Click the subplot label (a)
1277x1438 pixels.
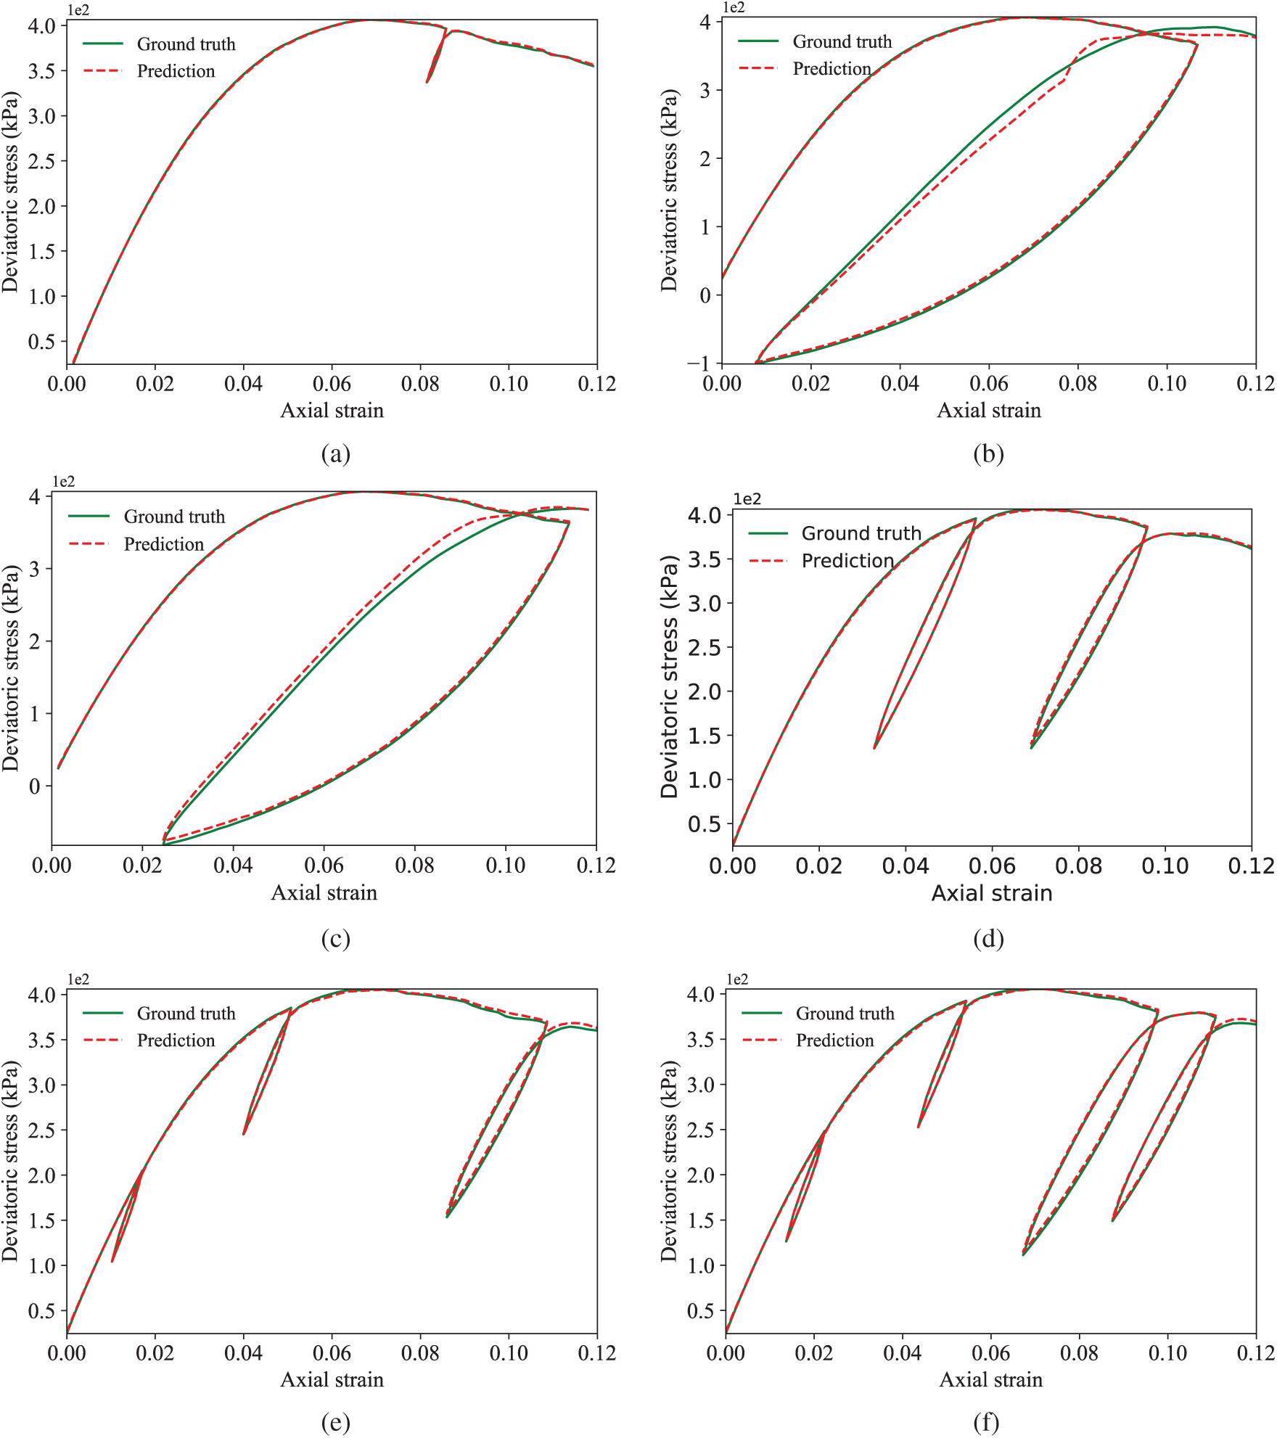coord(335,454)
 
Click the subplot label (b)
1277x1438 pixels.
coord(988,454)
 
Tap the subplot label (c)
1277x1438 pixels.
coord(335,939)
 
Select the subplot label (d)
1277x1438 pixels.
coord(988,939)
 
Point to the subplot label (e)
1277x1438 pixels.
coord(335,1423)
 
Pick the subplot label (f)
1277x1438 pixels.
coord(986,1423)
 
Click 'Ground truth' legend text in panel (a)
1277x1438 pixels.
coord(186,44)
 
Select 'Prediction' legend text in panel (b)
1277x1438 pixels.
coord(832,69)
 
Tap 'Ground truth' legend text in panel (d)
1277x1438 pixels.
coord(861,533)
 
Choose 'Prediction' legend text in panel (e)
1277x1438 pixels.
coord(176,1040)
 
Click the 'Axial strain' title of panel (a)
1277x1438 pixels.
coord(332,411)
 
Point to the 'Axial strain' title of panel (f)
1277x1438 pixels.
coord(990,1379)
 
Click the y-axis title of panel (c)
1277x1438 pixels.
coord(11,668)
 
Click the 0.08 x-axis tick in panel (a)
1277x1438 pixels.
coord(420,384)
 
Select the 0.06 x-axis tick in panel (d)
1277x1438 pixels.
coord(992,866)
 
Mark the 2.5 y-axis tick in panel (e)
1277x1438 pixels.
coord(41,1130)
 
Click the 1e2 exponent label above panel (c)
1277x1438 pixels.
coord(63,481)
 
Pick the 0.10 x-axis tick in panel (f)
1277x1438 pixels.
coord(1167,1353)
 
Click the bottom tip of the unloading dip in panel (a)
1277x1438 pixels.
coord(427,82)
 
